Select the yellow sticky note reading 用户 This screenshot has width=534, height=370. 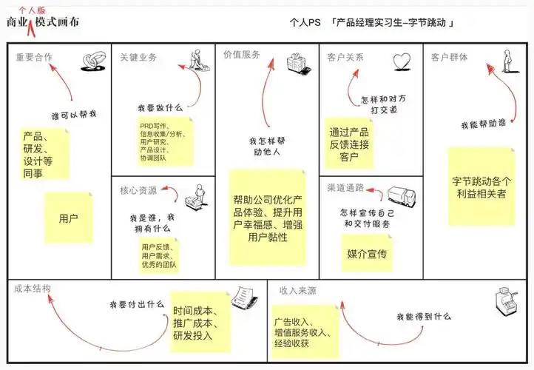(x=69, y=218)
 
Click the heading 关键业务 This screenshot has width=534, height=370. (x=138, y=57)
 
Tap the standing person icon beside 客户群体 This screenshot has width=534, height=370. (x=507, y=60)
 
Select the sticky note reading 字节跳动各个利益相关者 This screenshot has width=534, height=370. (x=481, y=186)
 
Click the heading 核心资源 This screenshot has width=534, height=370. (x=138, y=190)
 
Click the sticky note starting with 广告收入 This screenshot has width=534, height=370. (x=303, y=332)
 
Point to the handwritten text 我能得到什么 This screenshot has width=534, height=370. (x=423, y=316)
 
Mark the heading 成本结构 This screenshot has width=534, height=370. (x=33, y=288)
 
